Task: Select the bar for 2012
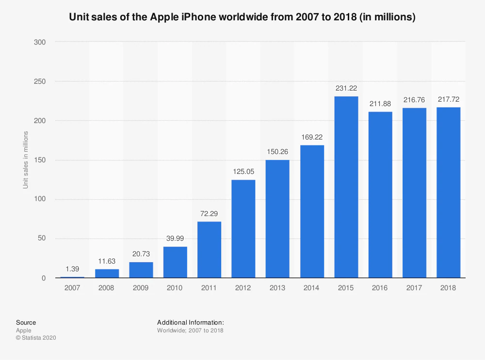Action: (x=243, y=229)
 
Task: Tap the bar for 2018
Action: (x=448, y=192)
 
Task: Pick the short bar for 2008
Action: (x=107, y=273)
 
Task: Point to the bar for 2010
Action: (x=175, y=262)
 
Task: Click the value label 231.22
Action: (x=346, y=88)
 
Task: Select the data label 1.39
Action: (x=72, y=268)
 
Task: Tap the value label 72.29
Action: (x=209, y=213)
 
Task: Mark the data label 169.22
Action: (x=312, y=137)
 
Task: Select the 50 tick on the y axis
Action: (x=42, y=238)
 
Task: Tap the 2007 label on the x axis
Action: (x=72, y=287)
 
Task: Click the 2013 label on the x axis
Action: (x=277, y=287)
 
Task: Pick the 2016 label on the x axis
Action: (x=380, y=287)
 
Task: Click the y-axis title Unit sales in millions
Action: (x=26, y=160)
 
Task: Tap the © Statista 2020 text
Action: (x=36, y=338)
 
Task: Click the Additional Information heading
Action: (x=191, y=322)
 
